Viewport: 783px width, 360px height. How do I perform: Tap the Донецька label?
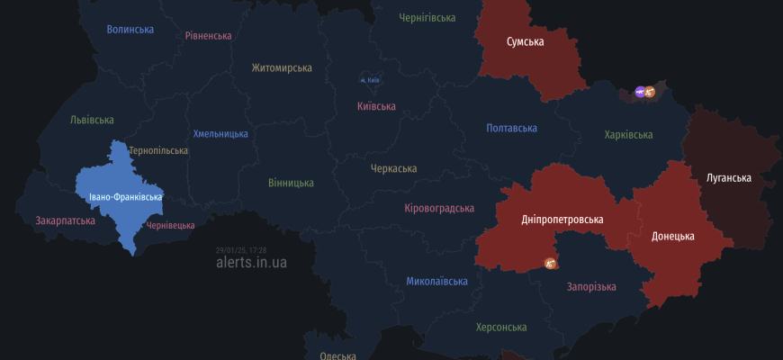(673, 237)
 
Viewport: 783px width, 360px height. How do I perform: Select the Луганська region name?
(728, 178)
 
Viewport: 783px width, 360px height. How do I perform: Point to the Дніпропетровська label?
(562, 220)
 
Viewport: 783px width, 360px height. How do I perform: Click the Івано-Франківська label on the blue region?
(126, 197)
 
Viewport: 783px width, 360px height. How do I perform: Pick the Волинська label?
(130, 30)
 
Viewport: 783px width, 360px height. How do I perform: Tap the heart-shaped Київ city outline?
(369, 79)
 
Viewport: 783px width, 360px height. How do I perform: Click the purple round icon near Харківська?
(640, 91)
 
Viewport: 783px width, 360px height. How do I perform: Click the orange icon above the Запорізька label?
(551, 263)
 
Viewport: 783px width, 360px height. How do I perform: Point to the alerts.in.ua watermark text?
(252, 263)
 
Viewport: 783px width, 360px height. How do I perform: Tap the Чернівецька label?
(170, 225)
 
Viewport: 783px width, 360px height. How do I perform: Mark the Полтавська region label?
(512, 129)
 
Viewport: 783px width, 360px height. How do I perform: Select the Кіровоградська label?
(439, 209)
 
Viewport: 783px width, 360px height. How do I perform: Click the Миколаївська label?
(436, 282)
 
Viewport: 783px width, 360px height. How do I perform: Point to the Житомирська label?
(282, 68)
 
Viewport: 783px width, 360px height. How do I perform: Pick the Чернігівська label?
(427, 18)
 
